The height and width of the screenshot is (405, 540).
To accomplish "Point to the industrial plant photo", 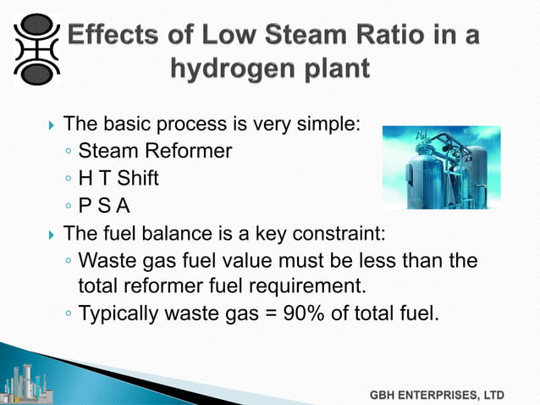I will click(441, 167).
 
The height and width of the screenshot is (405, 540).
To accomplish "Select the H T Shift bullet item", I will click(118, 179).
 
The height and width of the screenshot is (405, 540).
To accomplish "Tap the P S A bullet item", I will click(109, 206).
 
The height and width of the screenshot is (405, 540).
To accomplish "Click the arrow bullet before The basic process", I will click(52, 125).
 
